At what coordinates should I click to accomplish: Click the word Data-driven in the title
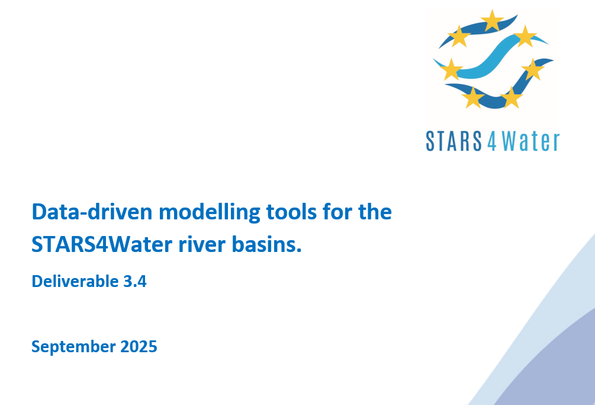coord(92,212)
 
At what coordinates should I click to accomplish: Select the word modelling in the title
coord(209,212)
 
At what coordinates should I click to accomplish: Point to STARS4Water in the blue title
coord(102,244)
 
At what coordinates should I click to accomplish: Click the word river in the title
coord(202,244)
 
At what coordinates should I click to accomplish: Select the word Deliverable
coord(75,281)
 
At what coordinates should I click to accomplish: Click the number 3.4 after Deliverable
coord(135,282)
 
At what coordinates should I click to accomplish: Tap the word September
coord(73,347)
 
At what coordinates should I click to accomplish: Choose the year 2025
coord(139,346)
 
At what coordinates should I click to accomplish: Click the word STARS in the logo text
coord(454,141)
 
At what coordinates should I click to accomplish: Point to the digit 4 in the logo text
coord(492,141)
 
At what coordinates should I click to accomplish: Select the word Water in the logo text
coord(530,141)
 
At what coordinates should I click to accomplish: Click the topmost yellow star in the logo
coord(492,20)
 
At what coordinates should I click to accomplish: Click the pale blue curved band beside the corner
coord(539,323)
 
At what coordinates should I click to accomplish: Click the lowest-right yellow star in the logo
coord(511,98)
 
